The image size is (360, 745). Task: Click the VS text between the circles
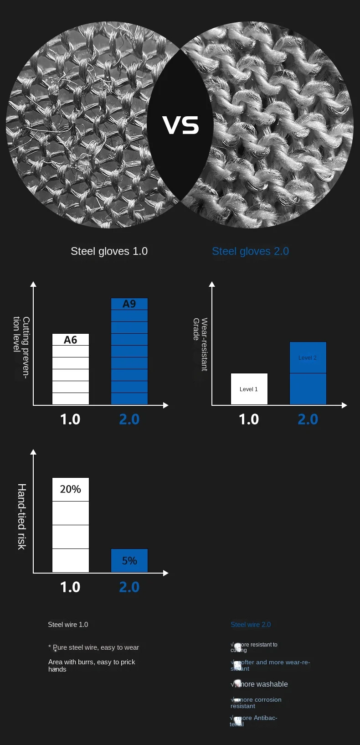click(x=180, y=125)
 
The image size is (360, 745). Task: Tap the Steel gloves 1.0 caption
click(x=109, y=251)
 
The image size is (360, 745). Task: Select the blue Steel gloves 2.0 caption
click(x=250, y=251)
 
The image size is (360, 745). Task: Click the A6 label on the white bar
click(x=71, y=340)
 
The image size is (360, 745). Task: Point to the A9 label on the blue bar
click(x=129, y=304)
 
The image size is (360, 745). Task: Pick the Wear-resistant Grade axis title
click(x=200, y=344)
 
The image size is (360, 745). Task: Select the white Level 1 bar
click(x=249, y=389)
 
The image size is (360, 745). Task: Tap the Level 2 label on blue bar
click(x=308, y=358)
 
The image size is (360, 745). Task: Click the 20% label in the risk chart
click(x=71, y=489)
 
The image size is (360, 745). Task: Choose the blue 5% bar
click(x=129, y=560)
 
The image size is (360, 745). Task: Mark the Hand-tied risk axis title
click(x=21, y=517)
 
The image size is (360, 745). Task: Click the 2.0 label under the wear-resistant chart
click(x=308, y=419)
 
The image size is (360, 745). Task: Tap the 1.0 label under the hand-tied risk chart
click(x=70, y=587)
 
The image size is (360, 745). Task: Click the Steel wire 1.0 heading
click(x=68, y=625)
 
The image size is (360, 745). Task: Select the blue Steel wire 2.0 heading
click(x=251, y=625)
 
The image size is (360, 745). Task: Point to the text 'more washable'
click(x=262, y=684)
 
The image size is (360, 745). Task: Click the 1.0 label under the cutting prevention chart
click(x=70, y=419)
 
